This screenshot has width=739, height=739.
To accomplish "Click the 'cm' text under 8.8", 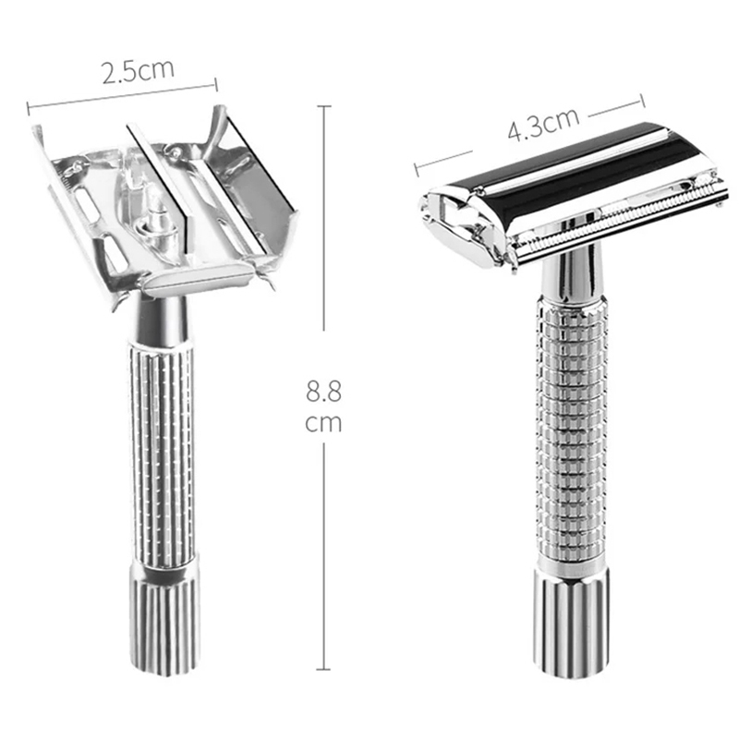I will (x=323, y=423).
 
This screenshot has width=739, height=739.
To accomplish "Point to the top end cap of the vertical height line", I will (x=323, y=106).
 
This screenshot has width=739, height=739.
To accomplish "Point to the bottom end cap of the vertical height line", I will (x=323, y=670).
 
